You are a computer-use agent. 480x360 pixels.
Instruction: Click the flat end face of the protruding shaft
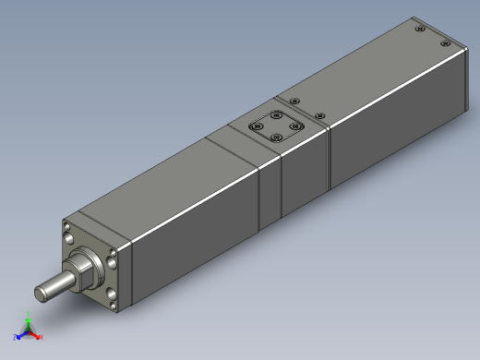point(42,293)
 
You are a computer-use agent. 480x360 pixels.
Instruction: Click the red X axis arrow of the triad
point(40,337)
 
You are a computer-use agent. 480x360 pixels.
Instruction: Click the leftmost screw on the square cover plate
point(258,124)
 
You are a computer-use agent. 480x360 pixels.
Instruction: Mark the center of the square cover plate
point(277,126)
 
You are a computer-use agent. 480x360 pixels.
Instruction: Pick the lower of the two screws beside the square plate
point(320,115)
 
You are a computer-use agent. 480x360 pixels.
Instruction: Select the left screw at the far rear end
point(422,30)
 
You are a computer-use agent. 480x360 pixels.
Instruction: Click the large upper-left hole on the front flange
point(69,228)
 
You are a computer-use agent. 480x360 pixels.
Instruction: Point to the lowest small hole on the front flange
point(112,303)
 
